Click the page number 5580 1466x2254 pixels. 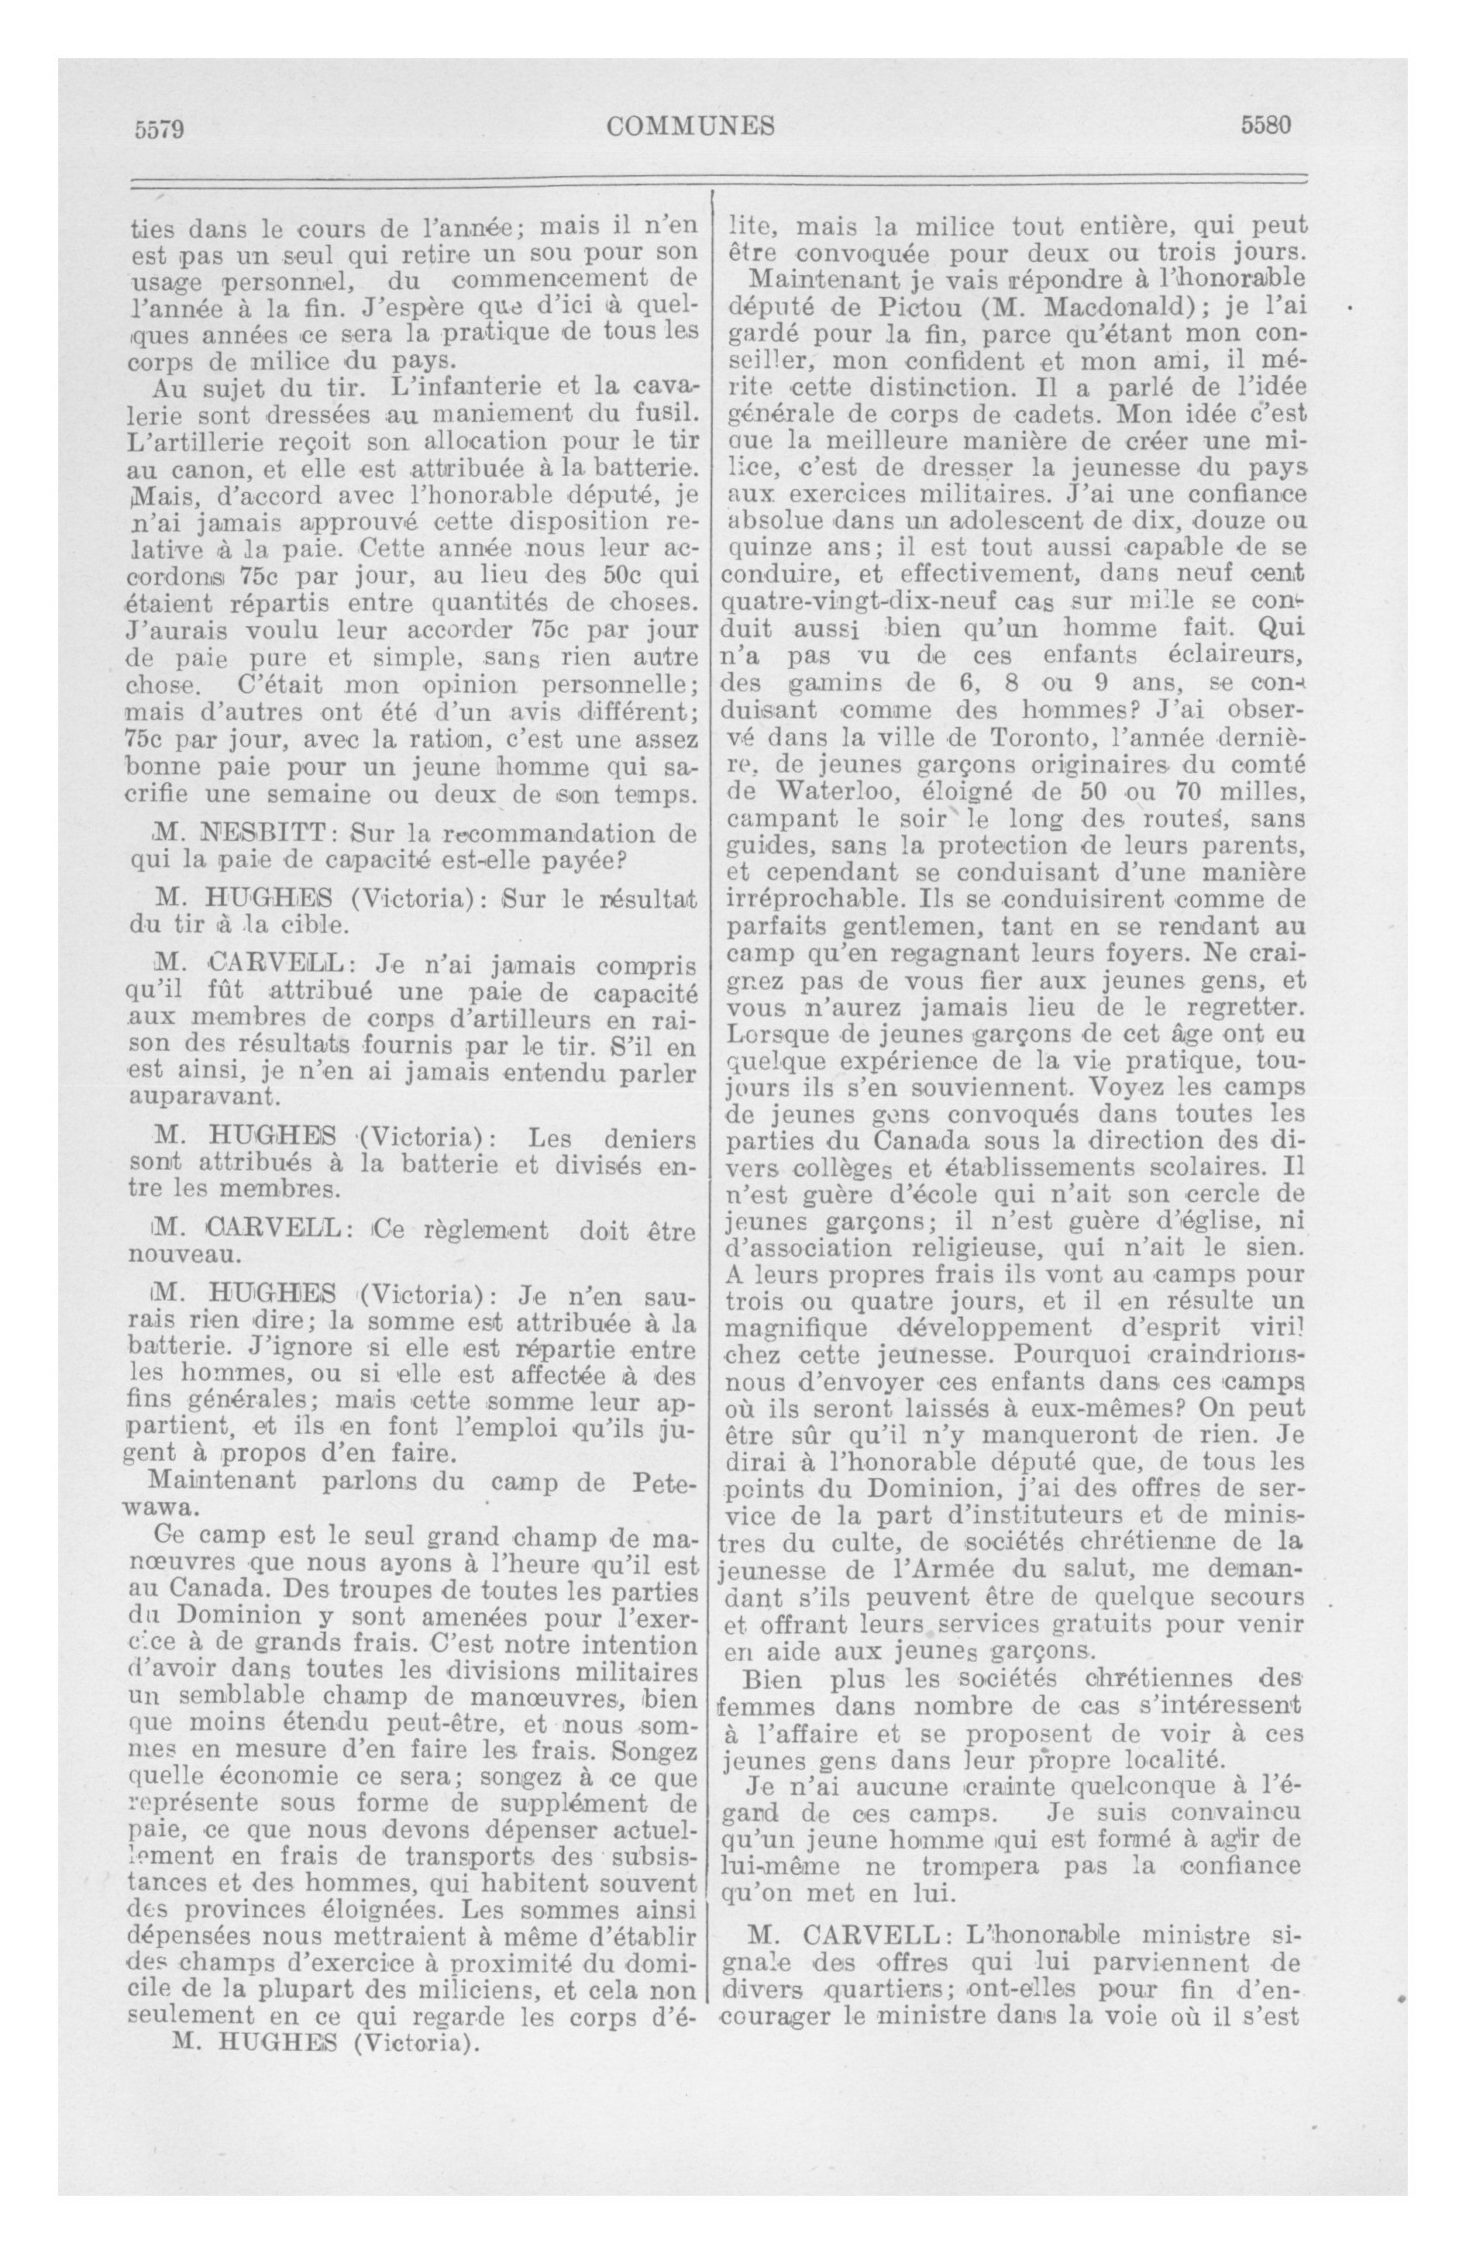click(x=1267, y=125)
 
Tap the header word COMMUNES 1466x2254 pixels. click(x=691, y=126)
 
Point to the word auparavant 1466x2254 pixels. click(x=201, y=1098)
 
